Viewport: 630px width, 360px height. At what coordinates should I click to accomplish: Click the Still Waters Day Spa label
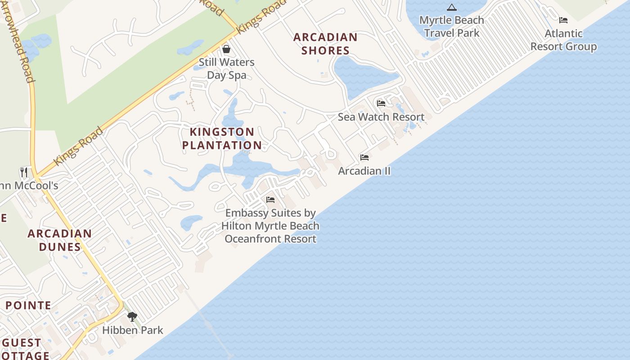(226, 68)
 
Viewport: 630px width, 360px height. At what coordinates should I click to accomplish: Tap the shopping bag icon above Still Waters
(226, 49)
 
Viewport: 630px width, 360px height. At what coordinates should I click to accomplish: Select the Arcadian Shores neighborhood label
(325, 44)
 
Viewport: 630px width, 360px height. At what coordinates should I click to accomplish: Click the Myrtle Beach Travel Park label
(451, 27)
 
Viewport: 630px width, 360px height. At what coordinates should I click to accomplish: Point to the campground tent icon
(451, 7)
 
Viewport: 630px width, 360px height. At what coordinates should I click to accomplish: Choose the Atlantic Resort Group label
(563, 40)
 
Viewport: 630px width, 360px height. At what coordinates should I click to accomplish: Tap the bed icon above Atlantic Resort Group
(563, 20)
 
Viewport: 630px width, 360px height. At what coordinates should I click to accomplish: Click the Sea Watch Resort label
(381, 117)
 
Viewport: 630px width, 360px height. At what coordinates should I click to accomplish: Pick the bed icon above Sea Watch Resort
(381, 103)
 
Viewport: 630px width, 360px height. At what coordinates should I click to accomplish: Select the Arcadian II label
(364, 171)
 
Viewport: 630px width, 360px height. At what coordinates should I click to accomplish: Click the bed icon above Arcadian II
(364, 157)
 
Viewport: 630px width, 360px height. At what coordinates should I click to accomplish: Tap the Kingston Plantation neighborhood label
(222, 139)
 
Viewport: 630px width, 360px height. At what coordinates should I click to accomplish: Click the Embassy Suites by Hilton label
(270, 226)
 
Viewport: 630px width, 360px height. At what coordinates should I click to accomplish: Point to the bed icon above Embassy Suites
(270, 199)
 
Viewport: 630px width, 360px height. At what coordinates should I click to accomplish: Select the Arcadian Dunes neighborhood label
(60, 240)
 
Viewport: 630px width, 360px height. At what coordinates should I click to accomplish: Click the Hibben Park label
(133, 330)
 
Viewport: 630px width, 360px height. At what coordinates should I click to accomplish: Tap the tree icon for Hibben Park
(132, 317)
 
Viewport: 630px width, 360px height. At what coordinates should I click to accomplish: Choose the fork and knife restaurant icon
(24, 172)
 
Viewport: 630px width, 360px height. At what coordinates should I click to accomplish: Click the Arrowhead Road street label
(18, 43)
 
